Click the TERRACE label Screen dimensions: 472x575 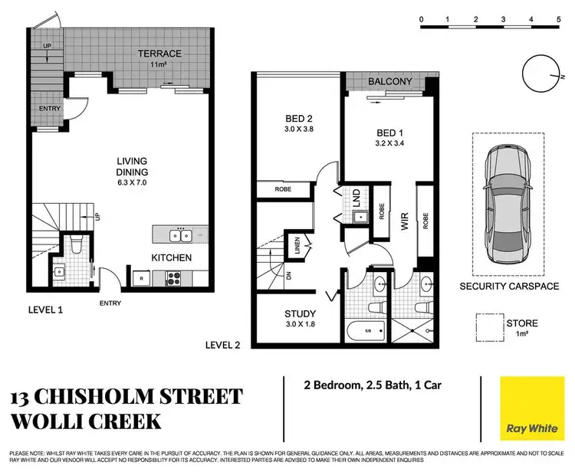(159, 54)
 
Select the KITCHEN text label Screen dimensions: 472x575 (170, 257)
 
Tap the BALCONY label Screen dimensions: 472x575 (391, 81)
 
